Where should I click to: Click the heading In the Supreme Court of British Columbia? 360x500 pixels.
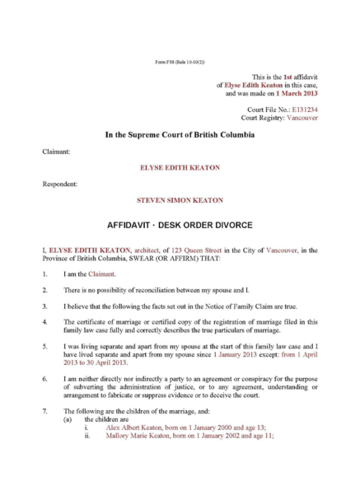coord(179,134)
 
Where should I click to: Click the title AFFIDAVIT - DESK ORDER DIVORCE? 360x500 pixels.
coord(179,224)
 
